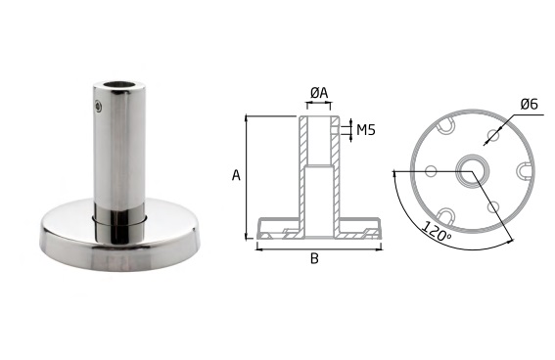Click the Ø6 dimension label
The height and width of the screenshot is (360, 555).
pos(530,104)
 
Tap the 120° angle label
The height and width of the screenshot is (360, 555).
pos(437,232)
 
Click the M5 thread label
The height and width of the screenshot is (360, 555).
pos(366,130)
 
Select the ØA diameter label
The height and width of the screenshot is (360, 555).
pos(319,93)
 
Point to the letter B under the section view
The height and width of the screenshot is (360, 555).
pos(314,259)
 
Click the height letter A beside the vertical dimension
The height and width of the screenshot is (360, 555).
pos(236,175)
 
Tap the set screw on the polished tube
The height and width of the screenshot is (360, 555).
pos(99,106)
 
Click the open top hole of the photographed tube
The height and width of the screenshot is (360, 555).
pos(119,85)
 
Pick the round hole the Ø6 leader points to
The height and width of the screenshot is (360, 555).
pos(492,134)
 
